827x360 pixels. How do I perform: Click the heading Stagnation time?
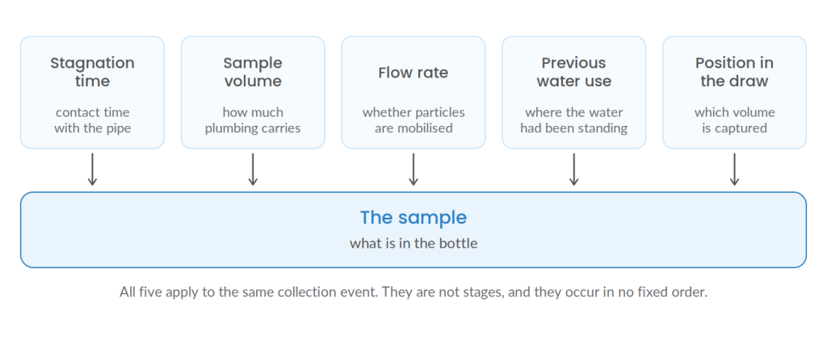(x=92, y=72)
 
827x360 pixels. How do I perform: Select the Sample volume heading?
(x=253, y=72)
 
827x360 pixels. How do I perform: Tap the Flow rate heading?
(x=413, y=72)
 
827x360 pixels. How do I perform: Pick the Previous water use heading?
(x=574, y=72)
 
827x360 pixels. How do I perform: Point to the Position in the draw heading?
(x=734, y=72)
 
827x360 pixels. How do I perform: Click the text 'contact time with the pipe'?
(x=92, y=120)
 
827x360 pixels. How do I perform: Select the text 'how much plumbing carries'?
(x=253, y=120)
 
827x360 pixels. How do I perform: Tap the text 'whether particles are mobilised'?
(x=413, y=120)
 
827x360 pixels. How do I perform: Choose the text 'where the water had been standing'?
(x=574, y=120)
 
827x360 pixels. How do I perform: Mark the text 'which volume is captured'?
(x=734, y=120)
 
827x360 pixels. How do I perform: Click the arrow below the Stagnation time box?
(x=92, y=170)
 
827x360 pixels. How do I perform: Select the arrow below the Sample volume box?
(x=253, y=170)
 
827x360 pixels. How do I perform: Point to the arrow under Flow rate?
(x=413, y=170)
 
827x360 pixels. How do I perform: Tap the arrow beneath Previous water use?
(x=574, y=170)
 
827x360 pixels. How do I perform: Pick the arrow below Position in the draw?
(x=734, y=170)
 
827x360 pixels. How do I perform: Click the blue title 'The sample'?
(x=413, y=218)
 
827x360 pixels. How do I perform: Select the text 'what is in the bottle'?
(x=413, y=244)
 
